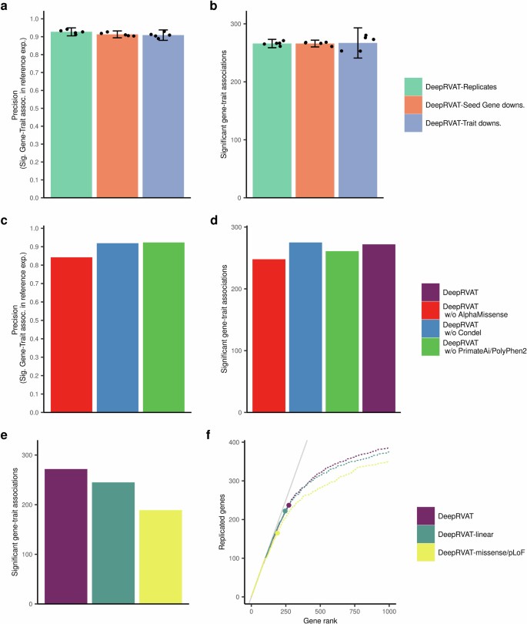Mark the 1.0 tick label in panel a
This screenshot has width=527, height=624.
[32, 18]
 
